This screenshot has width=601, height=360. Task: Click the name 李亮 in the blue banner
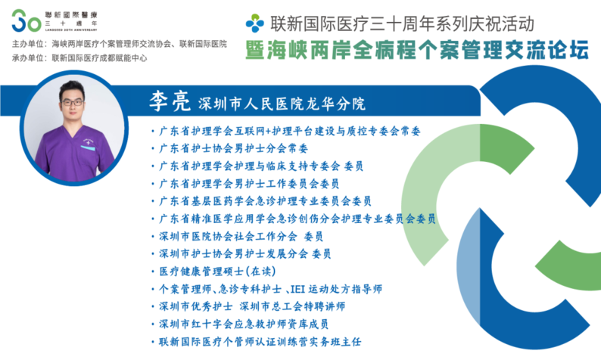tap(170, 101)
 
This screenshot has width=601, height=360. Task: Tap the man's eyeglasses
tap(72, 102)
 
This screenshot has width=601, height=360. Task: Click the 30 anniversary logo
tap(26, 20)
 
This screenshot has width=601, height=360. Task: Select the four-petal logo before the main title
tap(255, 23)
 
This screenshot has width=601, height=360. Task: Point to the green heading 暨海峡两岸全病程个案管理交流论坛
tap(417, 50)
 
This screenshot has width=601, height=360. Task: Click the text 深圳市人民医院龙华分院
tap(282, 104)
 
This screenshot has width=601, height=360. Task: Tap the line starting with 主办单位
tap(119, 44)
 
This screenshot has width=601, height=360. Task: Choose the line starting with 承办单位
tap(79, 57)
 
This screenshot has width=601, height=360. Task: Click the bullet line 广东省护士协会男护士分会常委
tap(233, 148)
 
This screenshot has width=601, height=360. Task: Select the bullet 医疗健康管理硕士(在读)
tap(217, 272)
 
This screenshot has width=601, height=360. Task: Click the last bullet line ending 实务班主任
tap(260, 342)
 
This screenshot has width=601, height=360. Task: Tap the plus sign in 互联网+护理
tap(267, 132)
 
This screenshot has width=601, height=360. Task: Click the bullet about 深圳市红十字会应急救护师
tap(244, 324)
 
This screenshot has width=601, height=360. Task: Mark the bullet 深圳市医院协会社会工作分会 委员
tap(241, 236)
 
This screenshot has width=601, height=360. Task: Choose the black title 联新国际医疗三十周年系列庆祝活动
tap(402, 23)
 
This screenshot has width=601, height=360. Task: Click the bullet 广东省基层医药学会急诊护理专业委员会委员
tap(265, 201)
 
